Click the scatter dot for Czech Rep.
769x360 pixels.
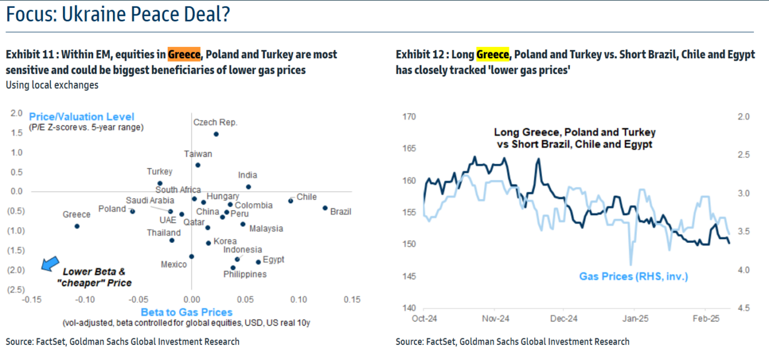(216, 134)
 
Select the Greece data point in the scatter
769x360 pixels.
(77, 226)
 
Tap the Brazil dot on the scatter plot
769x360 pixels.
(325, 208)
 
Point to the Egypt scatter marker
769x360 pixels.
(258, 261)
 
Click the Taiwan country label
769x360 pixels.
(198, 154)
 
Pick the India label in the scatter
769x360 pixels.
(248, 175)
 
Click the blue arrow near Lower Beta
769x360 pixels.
(50, 264)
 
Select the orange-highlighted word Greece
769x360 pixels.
(184, 55)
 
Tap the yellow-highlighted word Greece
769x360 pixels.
(493, 55)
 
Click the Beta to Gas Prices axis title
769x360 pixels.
(186, 312)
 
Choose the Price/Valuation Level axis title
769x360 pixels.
(82, 117)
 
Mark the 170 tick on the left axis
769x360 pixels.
(408, 117)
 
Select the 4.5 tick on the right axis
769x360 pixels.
(743, 308)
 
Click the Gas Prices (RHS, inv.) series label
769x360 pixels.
(633, 276)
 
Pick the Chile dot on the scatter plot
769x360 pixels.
(290, 200)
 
